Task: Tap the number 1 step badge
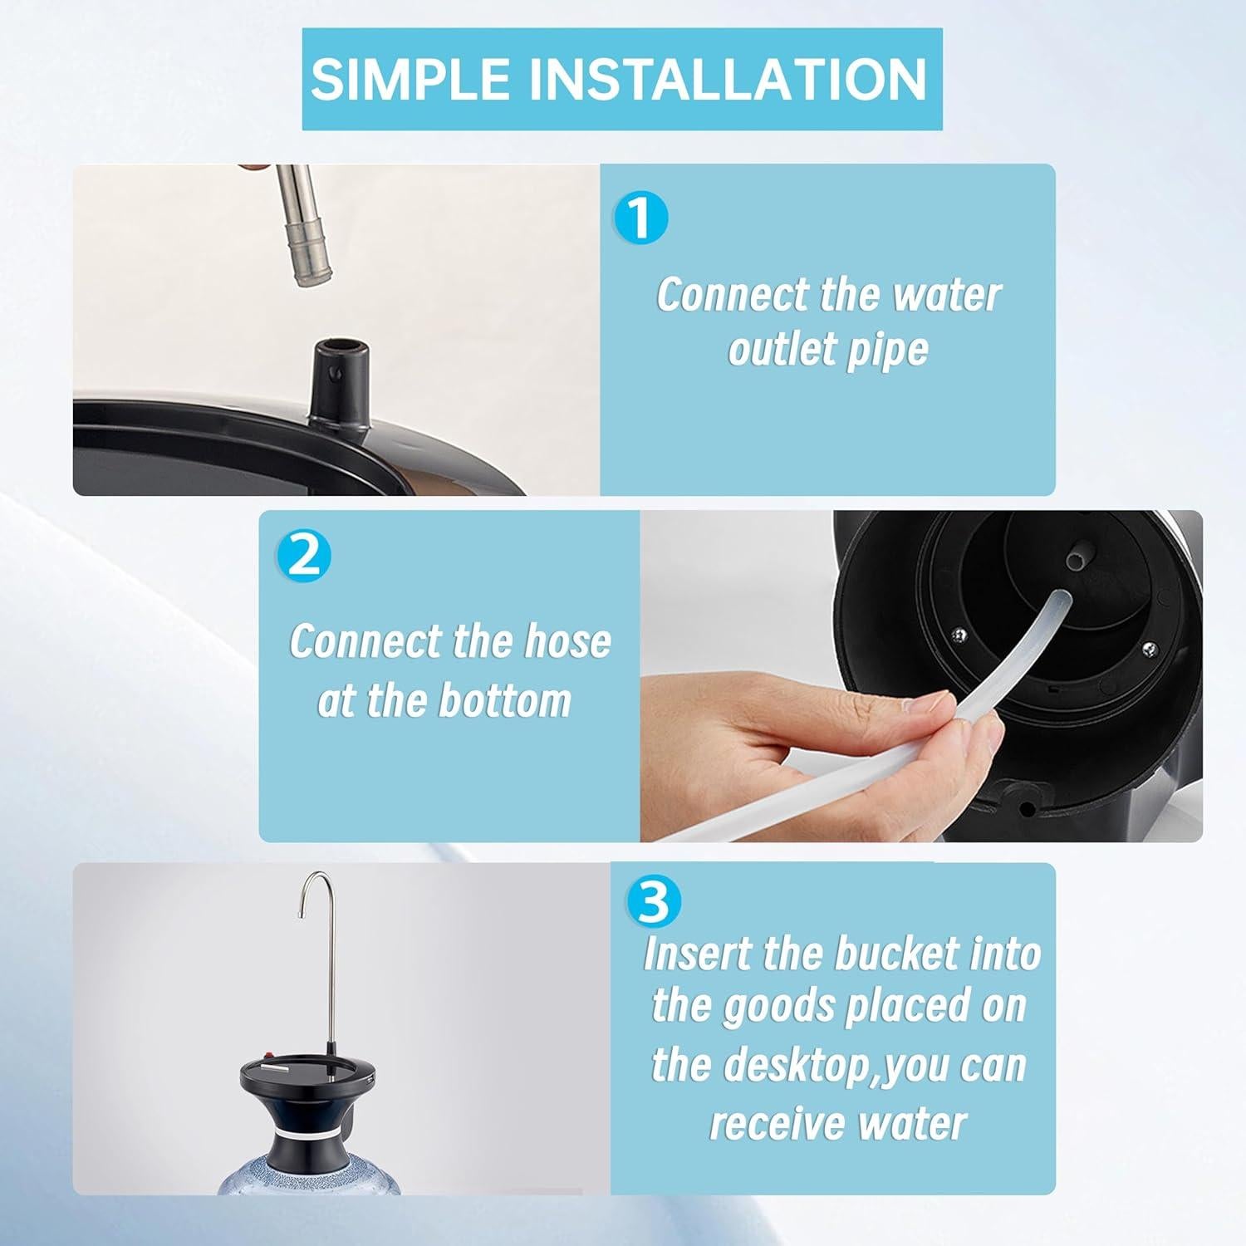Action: click(x=640, y=218)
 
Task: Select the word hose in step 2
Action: click(x=567, y=641)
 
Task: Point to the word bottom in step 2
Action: click(x=505, y=700)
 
